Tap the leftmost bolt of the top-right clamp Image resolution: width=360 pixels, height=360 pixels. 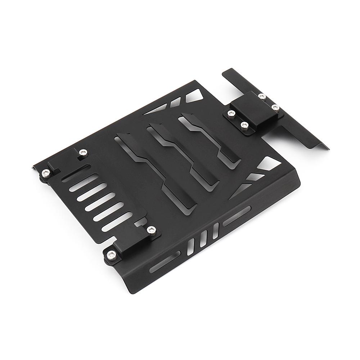point(229,114)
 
